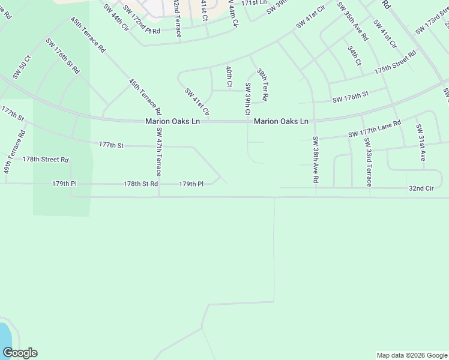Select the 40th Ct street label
click(229, 76)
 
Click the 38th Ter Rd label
click(262, 84)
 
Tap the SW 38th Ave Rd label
click(315, 159)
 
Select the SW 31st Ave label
click(421, 143)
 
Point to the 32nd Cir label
click(421, 188)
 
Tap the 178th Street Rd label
click(46, 160)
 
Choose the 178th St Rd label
click(140, 184)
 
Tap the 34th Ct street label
click(354, 55)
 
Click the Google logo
click(20, 353)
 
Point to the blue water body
click(5, 336)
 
